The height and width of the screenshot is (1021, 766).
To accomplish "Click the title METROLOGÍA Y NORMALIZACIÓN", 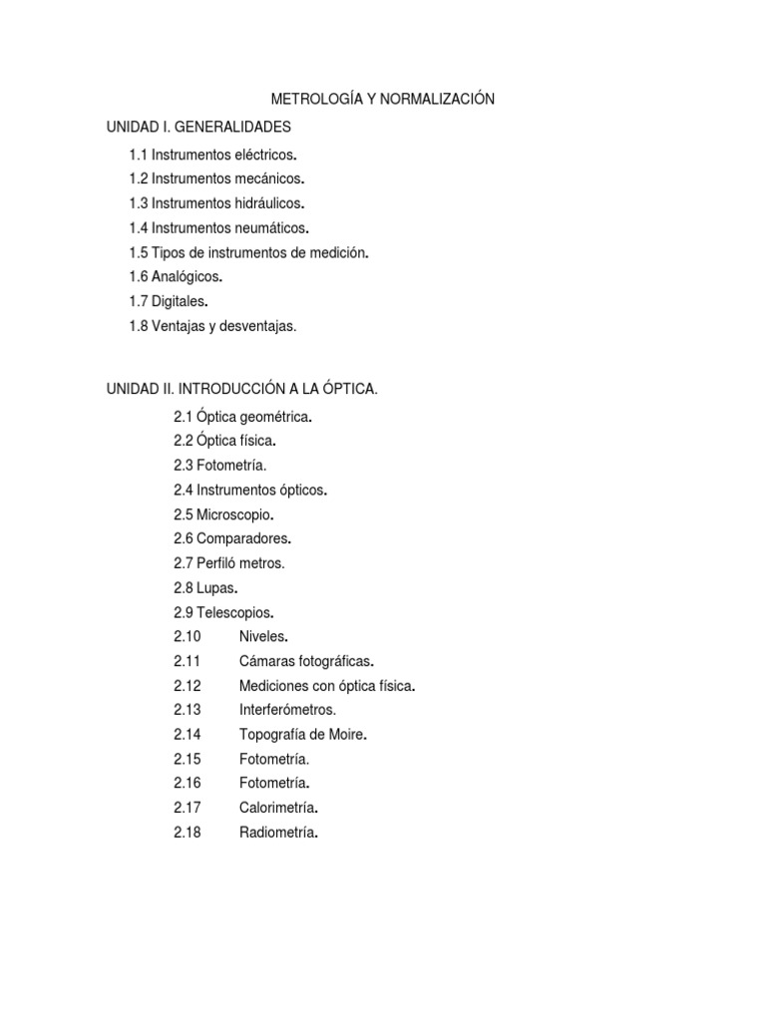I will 383,100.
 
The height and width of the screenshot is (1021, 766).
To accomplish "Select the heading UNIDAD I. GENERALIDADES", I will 199,128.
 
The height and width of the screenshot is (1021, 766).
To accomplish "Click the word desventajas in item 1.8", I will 260,325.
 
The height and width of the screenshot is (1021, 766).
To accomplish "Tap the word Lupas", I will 215,587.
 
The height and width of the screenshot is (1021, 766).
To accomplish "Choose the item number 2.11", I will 188,661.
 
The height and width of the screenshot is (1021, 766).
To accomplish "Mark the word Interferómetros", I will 287,710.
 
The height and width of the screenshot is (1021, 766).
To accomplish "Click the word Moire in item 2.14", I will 345,735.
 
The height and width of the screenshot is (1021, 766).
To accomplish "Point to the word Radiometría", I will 277,833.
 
